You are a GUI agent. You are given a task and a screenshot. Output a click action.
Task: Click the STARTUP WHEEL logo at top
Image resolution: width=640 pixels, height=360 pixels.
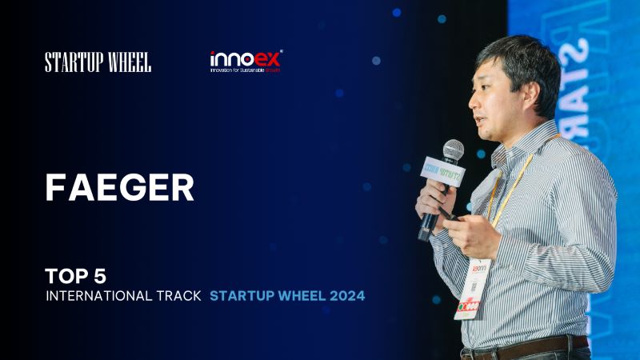(98, 62)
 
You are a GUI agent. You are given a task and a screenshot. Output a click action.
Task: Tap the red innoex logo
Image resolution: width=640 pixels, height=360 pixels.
(246, 58)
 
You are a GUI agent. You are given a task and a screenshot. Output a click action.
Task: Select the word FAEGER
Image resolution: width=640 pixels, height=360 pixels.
(119, 187)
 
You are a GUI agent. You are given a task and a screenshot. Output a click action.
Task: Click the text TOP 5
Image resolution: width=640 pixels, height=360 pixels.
(75, 277)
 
